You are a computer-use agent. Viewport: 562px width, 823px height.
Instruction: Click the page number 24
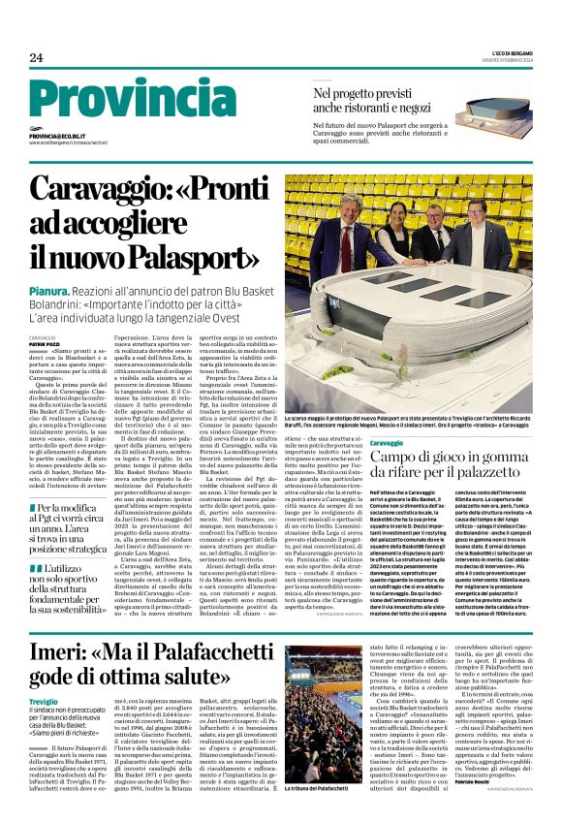point(36,58)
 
